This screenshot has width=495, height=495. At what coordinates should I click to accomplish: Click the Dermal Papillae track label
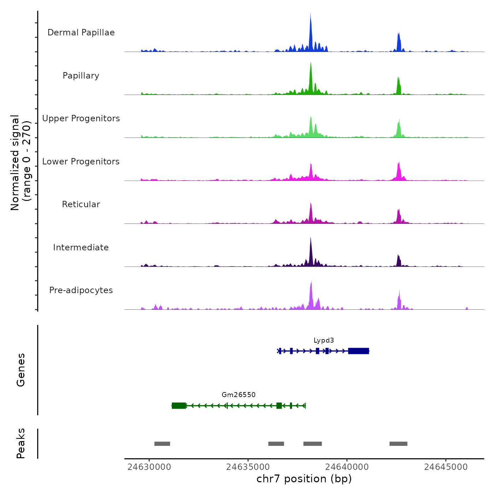[x=81, y=33]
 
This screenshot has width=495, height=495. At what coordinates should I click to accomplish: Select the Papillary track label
[x=81, y=76]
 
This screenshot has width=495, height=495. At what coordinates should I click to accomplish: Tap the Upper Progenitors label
[x=81, y=118]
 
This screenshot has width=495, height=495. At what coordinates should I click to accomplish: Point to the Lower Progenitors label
[x=81, y=162]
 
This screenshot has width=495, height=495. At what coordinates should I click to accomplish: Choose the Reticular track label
[x=81, y=204]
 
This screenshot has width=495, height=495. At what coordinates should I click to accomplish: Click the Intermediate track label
[x=81, y=248]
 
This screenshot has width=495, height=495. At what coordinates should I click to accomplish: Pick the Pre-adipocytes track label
[x=81, y=290]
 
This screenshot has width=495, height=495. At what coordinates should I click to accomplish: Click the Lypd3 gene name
[x=324, y=340]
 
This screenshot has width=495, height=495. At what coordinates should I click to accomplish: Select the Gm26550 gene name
[x=239, y=395]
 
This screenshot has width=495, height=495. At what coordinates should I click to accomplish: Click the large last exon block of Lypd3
[x=359, y=351]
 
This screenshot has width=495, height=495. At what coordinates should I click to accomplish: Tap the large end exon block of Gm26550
[x=179, y=406]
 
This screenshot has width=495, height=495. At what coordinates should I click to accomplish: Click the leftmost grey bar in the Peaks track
[x=162, y=444]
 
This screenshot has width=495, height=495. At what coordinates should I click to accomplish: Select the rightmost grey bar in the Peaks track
[x=398, y=444]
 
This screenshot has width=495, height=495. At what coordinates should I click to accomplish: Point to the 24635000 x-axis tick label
[x=248, y=467]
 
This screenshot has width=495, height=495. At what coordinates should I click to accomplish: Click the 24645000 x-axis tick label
[x=446, y=467]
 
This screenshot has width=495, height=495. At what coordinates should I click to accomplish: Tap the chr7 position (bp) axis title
[x=304, y=479]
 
